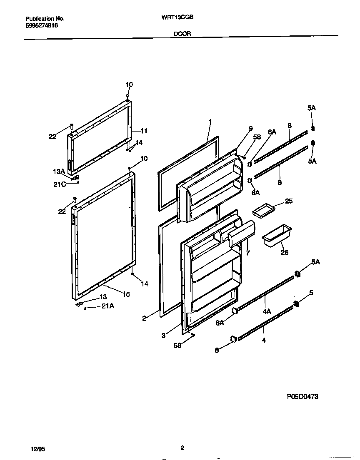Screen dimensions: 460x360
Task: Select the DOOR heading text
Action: point(180,35)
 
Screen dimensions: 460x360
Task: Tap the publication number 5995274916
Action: point(42,25)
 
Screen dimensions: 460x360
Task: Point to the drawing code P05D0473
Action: point(302,397)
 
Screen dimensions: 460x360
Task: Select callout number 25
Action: point(288,201)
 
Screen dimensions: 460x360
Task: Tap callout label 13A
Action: point(58,172)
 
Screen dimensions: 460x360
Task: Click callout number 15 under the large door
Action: point(125,294)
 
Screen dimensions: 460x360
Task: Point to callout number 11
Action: point(143,131)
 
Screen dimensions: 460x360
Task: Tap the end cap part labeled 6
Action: point(233,339)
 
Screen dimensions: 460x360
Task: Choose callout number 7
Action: point(247,253)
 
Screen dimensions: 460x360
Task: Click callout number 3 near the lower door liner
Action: point(164,335)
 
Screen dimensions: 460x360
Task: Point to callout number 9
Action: point(250,128)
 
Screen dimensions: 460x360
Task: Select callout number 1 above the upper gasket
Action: point(210,122)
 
